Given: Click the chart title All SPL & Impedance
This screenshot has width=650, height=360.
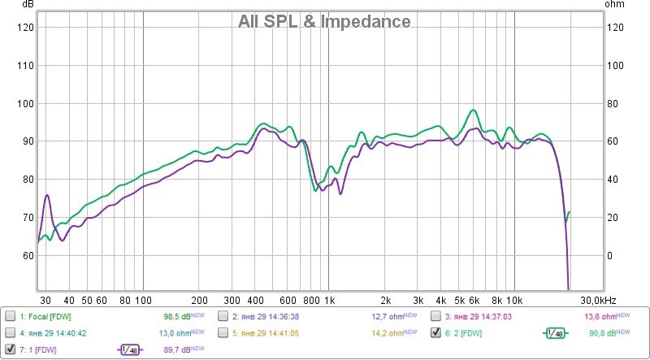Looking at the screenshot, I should [x=324, y=22].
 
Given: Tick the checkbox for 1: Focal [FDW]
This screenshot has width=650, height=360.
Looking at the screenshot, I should [x=10, y=315].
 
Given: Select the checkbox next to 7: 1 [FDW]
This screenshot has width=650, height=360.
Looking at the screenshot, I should [x=10, y=349].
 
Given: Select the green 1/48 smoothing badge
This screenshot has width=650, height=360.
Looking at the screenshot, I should [x=556, y=332].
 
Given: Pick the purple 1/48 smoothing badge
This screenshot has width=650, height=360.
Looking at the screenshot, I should [x=128, y=349].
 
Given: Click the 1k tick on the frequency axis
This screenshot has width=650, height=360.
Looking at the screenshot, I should [x=328, y=299].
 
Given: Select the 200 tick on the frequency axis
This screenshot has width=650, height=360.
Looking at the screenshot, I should [x=199, y=299].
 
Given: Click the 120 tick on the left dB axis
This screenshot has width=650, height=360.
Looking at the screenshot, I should [x=24, y=28].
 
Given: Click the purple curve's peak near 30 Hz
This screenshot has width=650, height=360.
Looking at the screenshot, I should [x=47, y=195].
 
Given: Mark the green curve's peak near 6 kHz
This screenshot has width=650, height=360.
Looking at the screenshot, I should [x=472, y=110].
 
